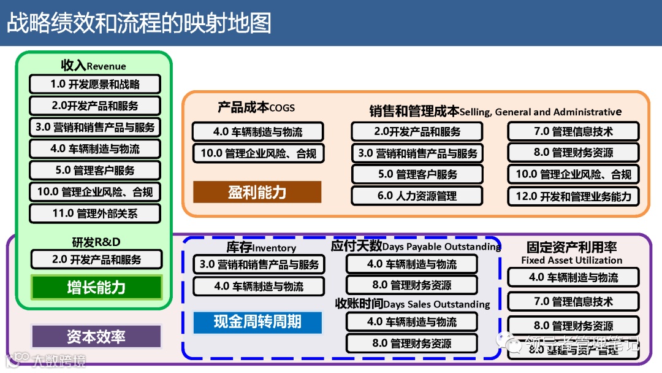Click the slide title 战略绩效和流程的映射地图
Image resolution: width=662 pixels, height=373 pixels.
point(139,23)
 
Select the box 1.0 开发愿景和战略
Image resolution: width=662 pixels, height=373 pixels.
point(95,84)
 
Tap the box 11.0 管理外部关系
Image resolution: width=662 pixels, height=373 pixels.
point(95,213)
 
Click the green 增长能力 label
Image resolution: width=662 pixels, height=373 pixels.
point(96,287)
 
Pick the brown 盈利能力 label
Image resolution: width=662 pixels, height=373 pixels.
point(257,192)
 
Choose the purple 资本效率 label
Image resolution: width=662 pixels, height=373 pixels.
point(96,336)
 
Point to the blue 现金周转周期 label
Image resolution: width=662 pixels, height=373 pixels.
point(257,322)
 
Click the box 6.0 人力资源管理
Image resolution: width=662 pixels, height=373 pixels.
point(417,196)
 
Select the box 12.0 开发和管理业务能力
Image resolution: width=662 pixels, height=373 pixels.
point(573,196)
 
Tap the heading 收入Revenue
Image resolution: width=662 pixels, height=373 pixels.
point(93,66)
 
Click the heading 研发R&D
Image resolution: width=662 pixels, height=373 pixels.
point(96,241)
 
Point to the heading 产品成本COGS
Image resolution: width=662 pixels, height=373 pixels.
point(256,107)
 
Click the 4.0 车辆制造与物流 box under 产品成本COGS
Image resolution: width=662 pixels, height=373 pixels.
point(257,131)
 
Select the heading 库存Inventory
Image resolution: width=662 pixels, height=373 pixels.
point(261,247)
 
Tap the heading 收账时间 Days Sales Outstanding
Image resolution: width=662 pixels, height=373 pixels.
point(413,304)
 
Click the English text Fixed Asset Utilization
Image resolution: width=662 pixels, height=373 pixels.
point(571,260)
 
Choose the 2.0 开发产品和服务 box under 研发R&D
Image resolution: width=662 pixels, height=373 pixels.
point(96,260)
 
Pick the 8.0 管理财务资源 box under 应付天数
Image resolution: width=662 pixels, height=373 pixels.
point(412,285)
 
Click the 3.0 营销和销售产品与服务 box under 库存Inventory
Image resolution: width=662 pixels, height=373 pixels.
point(259,264)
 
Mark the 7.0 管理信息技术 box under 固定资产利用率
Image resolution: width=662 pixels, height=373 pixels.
point(573,301)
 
